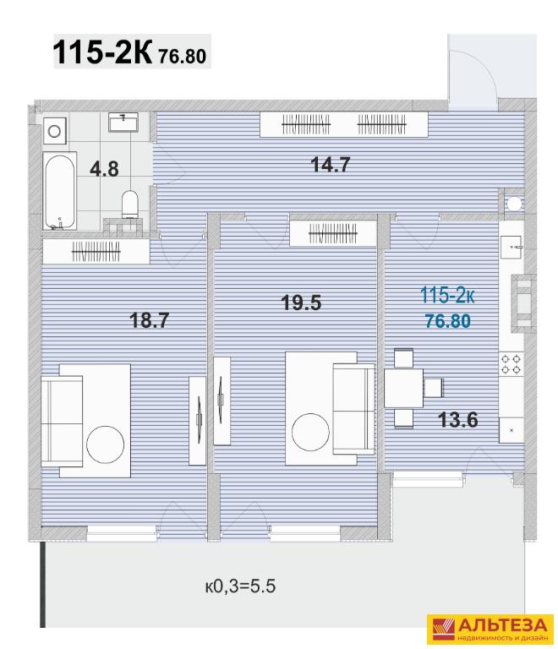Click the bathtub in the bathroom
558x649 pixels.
click(60, 191)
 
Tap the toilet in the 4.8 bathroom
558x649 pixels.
click(130, 204)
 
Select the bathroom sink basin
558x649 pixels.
click(123, 122)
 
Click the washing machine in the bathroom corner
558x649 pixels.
click(55, 131)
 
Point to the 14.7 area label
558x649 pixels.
click(331, 164)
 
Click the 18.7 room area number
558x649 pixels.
click(150, 320)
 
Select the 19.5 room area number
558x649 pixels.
click(301, 303)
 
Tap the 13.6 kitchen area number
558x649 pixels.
click(458, 420)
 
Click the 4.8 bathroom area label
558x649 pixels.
click(104, 169)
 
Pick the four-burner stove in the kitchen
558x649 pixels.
click(511, 364)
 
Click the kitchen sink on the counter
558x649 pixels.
click(511, 247)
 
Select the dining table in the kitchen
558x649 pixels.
click(403, 388)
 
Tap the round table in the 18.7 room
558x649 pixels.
click(105, 444)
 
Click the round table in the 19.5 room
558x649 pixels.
click(310, 432)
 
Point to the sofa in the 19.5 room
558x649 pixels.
click(354, 408)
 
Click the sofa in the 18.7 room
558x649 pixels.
click(62, 422)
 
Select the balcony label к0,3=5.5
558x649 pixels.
click(240, 586)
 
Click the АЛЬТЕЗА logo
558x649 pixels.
click(490, 629)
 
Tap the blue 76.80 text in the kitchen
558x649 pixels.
click(448, 321)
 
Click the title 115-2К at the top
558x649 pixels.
click(103, 52)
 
